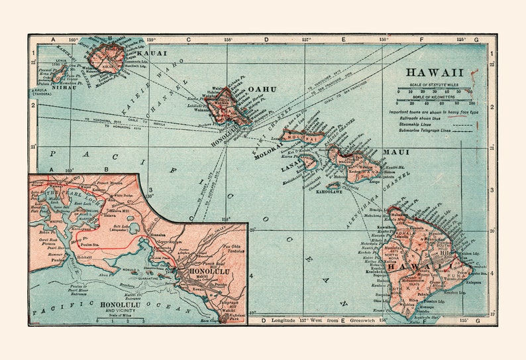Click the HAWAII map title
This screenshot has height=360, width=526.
tap(435, 72)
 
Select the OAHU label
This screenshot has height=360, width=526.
tap(262, 89)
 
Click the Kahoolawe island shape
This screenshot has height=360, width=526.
tap(333, 186)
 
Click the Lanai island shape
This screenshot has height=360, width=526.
tap(309, 161)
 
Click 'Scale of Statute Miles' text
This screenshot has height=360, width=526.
tap(434, 86)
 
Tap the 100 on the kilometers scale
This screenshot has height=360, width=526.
tap(471, 103)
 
